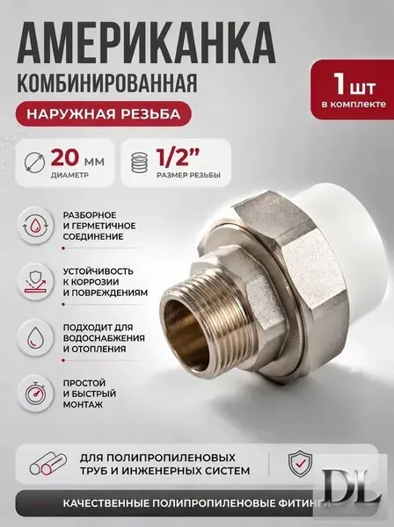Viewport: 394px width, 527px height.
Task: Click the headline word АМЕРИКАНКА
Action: click(x=146, y=41)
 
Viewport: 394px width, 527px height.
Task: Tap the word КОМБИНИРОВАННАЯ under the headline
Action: click(x=106, y=83)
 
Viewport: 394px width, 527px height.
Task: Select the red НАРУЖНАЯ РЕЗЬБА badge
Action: click(x=104, y=114)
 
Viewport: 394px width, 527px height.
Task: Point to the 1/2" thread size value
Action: click(x=178, y=157)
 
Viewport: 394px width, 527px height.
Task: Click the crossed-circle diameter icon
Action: click(x=35, y=162)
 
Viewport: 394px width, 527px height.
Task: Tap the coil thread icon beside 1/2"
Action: click(x=140, y=162)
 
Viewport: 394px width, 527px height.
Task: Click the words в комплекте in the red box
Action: click(x=354, y=105)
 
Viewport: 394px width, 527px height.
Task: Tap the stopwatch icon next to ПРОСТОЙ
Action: click(x=35, y=393)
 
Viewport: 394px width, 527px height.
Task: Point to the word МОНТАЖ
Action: click(x=83, y=404)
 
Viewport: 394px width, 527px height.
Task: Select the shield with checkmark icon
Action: click(x=301, y=464)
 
